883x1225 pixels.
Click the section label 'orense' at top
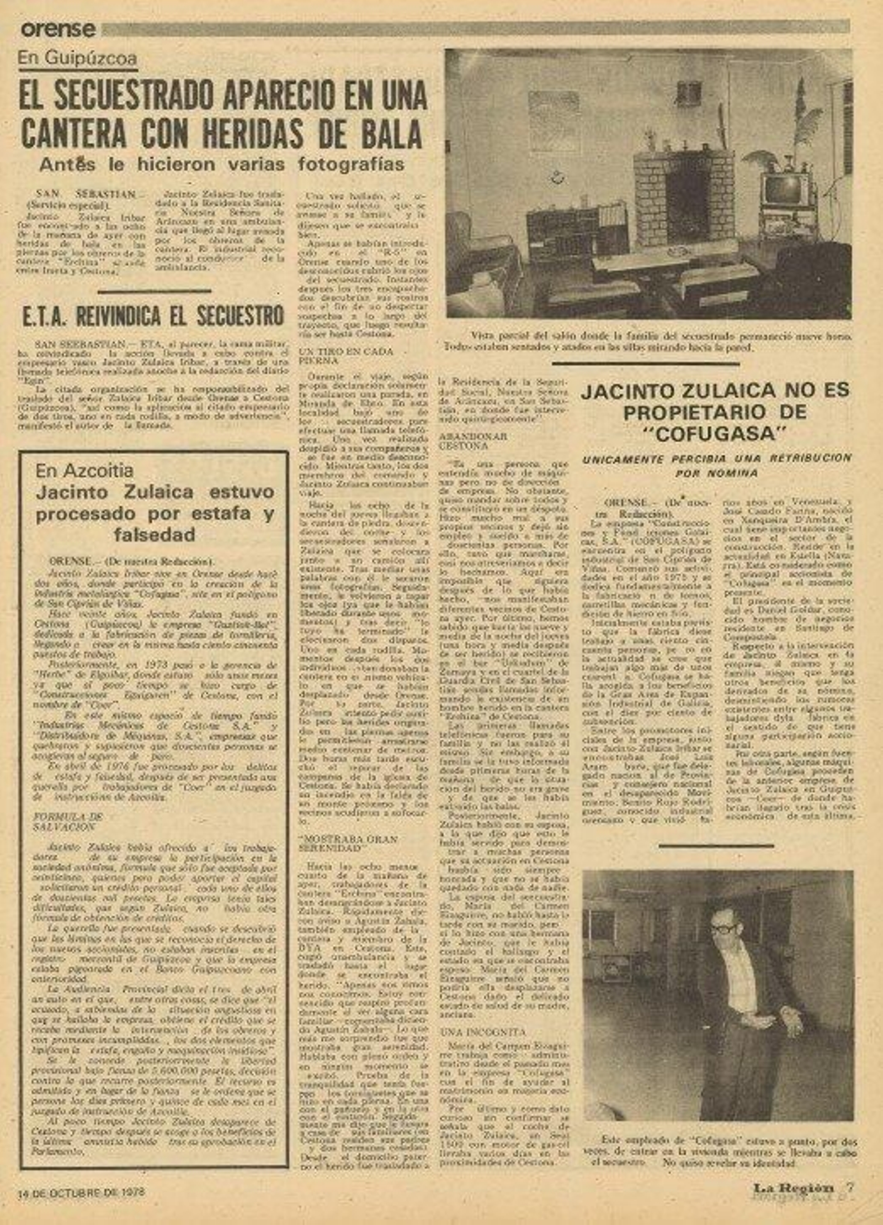coord(58,29)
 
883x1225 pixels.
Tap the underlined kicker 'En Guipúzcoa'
coord(77,58)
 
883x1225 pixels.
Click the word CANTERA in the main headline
coord(73,133)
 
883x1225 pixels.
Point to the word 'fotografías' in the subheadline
coord(351,164)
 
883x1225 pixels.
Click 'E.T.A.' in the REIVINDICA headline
coord(45,317)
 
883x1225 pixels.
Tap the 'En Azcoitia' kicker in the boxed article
coord(84,471)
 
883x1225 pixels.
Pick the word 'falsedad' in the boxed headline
coord(155,534)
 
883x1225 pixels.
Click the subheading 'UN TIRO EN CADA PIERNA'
coord(345,355)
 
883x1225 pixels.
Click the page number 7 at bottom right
coord(850,1186)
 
